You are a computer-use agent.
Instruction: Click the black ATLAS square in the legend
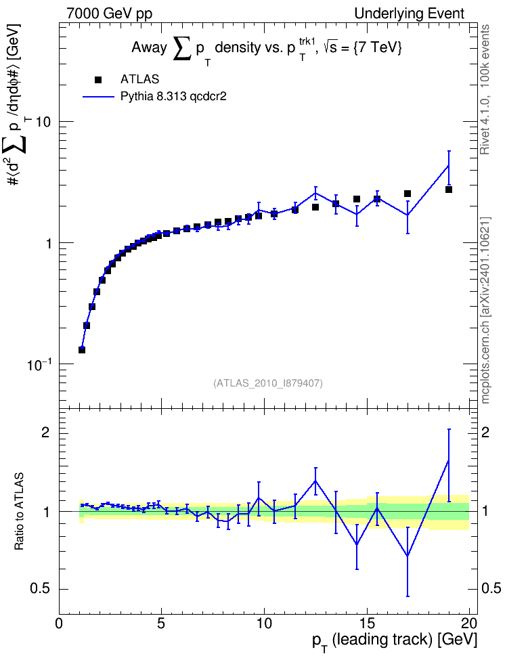coord(98,79)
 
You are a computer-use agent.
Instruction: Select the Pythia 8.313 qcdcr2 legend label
coord(173,96)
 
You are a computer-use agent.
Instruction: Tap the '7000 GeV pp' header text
coord(109,14)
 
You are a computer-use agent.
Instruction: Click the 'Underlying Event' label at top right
coord(410,14)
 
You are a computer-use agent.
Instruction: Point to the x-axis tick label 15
coord(367,623)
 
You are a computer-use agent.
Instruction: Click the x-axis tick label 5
coord(162,623)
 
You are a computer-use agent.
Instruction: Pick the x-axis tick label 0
coord(59,623)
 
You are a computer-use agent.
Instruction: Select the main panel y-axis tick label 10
coord(43,122)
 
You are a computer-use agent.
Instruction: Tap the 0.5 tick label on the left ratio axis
coord(40,589)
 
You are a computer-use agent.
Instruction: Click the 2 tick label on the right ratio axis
coord(485,433)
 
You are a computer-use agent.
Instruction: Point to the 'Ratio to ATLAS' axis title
coord(19,512)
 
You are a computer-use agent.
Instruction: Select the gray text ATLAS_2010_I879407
coord(268,383)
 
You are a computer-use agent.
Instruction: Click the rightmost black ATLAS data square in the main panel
coord(449,190)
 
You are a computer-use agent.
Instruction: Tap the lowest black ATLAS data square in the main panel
coord(82,349)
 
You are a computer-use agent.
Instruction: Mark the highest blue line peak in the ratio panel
coord(449,460)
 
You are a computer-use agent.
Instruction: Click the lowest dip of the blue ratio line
coord(408,556)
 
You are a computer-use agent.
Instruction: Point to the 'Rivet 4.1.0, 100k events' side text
coord(485,90)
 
